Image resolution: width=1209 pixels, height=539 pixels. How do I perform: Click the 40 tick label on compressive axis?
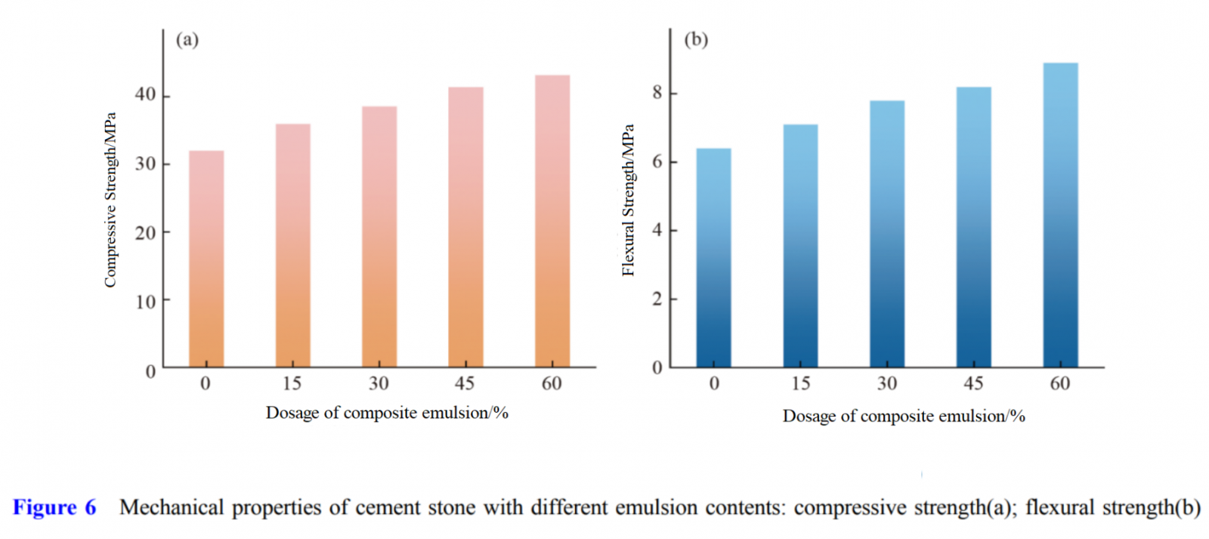[145, 94]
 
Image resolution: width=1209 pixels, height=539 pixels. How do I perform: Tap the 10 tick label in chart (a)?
[145, 302]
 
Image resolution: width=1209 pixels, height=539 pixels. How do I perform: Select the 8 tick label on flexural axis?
[657, 93]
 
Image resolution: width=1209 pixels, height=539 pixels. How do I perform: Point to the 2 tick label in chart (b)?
[657, 299]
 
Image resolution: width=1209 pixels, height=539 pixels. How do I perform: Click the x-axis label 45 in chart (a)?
[465, 383]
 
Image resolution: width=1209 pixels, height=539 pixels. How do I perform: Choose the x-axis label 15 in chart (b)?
[801, 383]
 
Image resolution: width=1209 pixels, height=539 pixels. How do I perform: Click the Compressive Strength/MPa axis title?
[110, 200]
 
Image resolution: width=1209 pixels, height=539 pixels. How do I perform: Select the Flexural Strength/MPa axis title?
[628, 200]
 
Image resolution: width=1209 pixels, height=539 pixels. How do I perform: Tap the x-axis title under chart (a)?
[387, 413]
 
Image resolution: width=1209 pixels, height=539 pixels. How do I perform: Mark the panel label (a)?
[187, 39]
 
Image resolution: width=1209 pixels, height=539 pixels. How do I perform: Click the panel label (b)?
[696, 39]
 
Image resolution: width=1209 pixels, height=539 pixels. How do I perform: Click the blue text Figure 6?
[54, 507]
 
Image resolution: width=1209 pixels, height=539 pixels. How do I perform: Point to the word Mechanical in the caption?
[172, 507]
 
